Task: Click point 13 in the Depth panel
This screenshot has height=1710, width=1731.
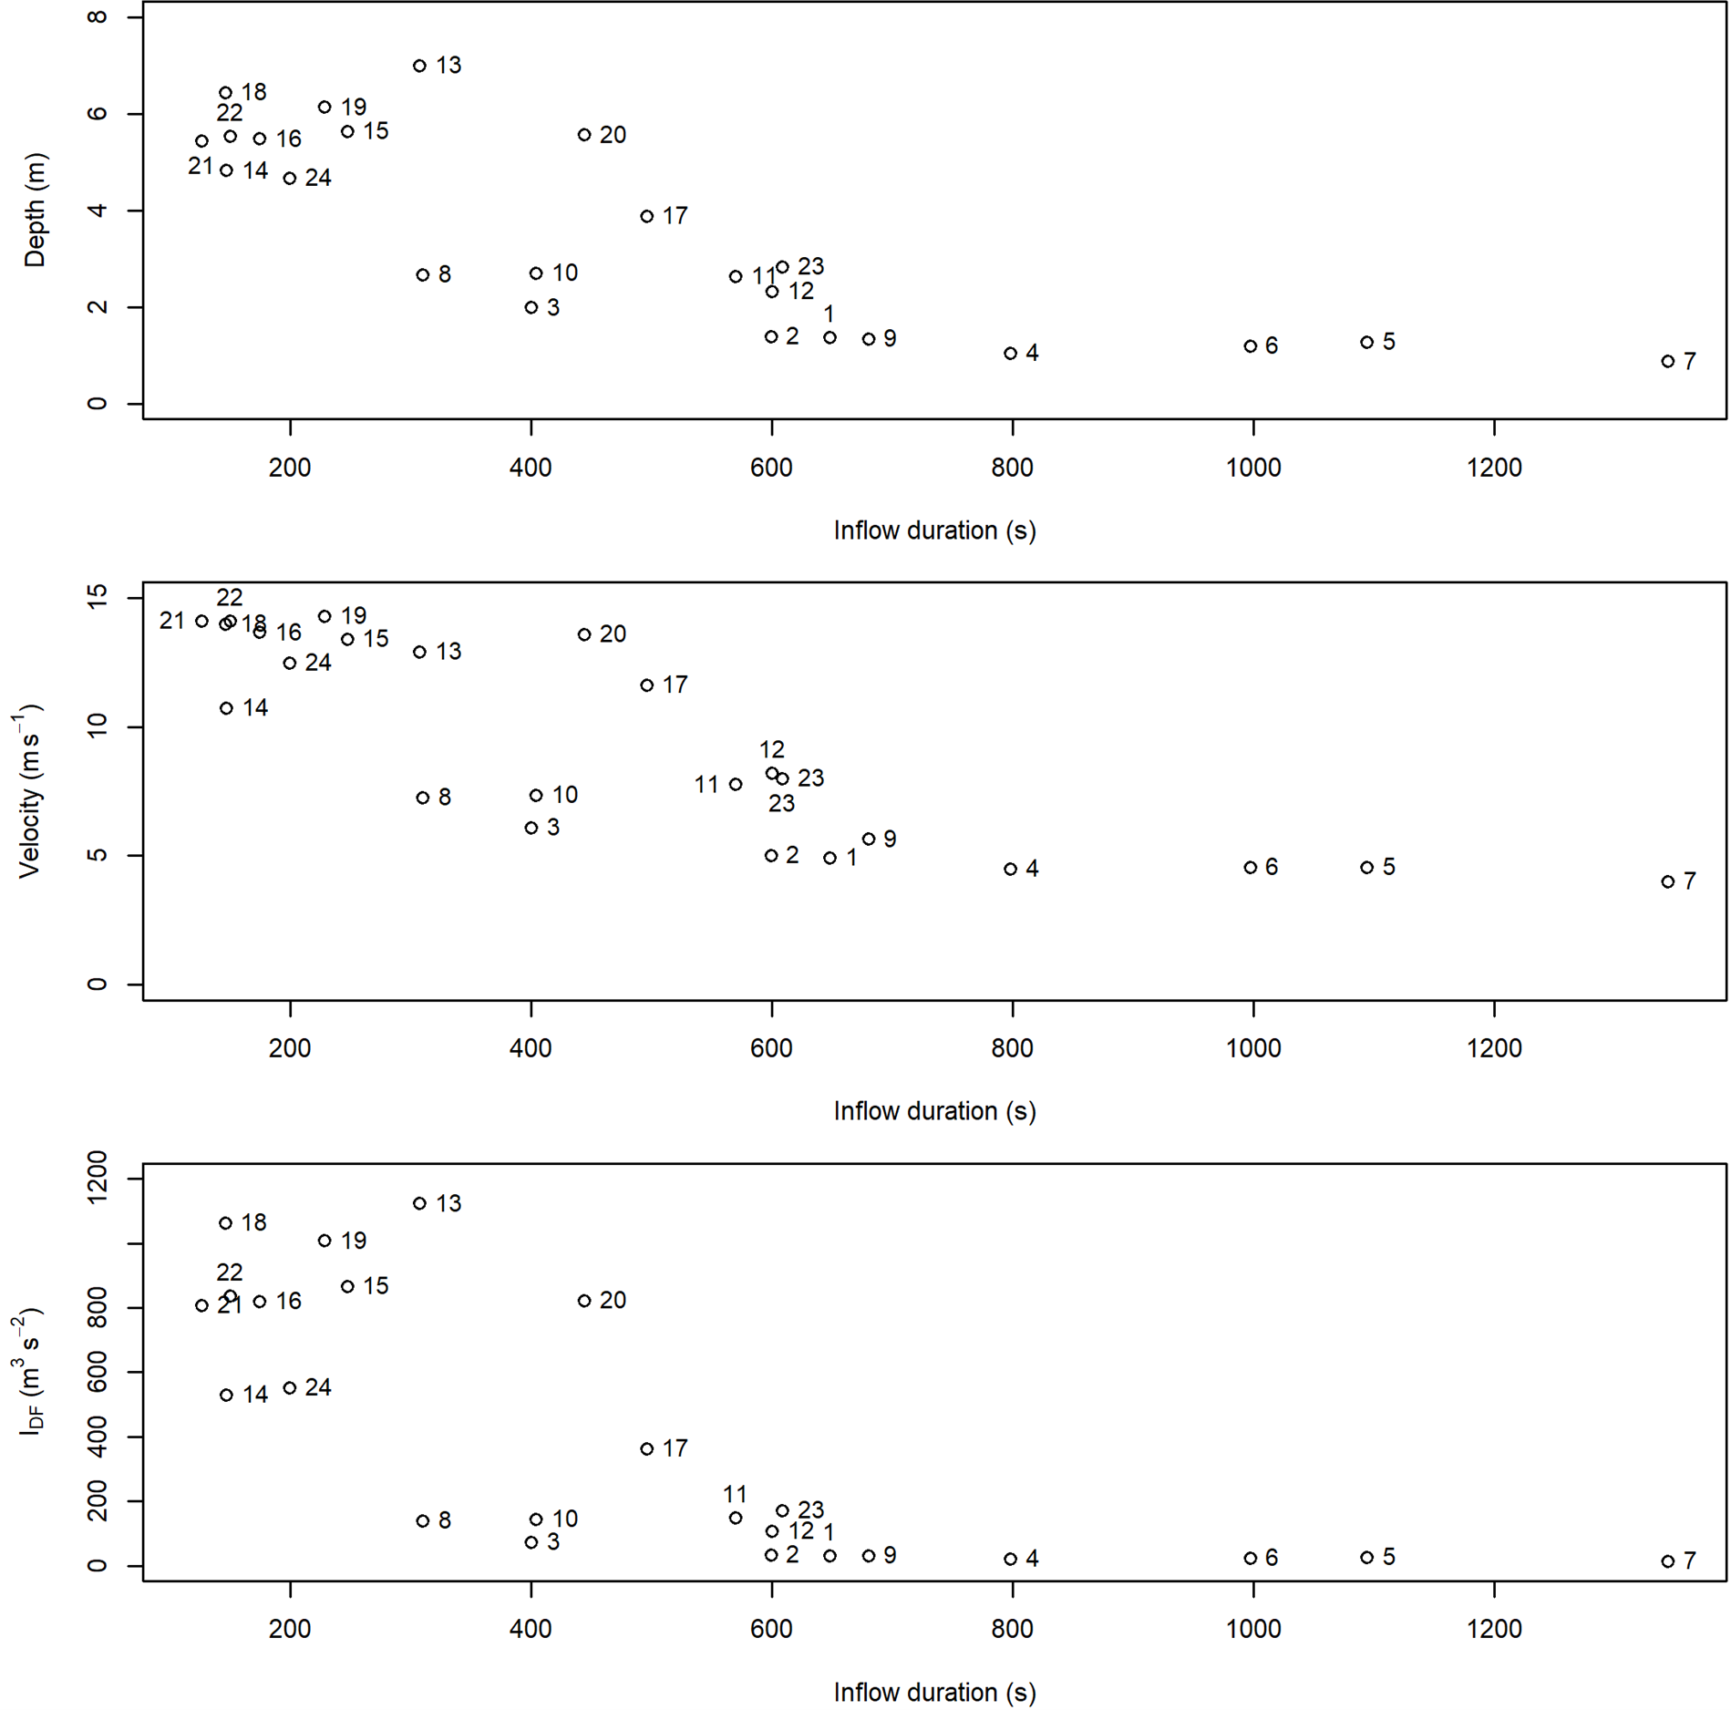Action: point(419,66)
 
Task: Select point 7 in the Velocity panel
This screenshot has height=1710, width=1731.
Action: point(1667,881)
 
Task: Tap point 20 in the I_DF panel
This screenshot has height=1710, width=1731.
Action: point(584,1301)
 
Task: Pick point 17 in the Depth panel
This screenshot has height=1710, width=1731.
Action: point(646,216)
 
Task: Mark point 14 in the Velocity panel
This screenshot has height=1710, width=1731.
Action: point(226,708)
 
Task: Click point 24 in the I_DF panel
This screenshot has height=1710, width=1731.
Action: point(290,1388)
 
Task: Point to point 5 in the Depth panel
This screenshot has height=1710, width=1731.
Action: point(1366,343)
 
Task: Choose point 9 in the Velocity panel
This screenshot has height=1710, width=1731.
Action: point(869,840)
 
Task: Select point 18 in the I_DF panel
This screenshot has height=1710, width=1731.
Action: point(226,1223)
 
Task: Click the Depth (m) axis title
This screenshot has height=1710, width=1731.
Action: point(35,210)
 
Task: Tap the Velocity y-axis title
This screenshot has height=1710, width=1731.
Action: point(29,791)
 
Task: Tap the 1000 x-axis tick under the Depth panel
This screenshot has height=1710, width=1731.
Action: point(1252,468)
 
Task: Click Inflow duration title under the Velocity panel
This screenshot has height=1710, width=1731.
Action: point(934,1111)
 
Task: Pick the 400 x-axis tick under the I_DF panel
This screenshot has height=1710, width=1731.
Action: point(531,1629)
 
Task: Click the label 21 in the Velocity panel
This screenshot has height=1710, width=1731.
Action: point(171,621)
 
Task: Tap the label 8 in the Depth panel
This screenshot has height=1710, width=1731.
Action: point(444,274)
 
